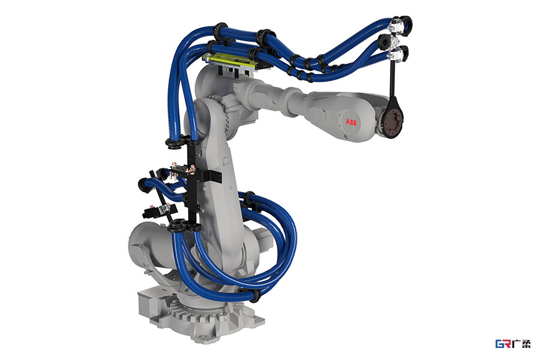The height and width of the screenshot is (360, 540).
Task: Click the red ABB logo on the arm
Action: tap(351, 122)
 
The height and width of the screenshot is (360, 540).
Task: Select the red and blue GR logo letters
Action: tap(503, 344)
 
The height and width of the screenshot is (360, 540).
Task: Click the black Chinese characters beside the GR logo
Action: tap(521, 344)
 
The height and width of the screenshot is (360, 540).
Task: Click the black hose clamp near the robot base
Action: tap(255, 296)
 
